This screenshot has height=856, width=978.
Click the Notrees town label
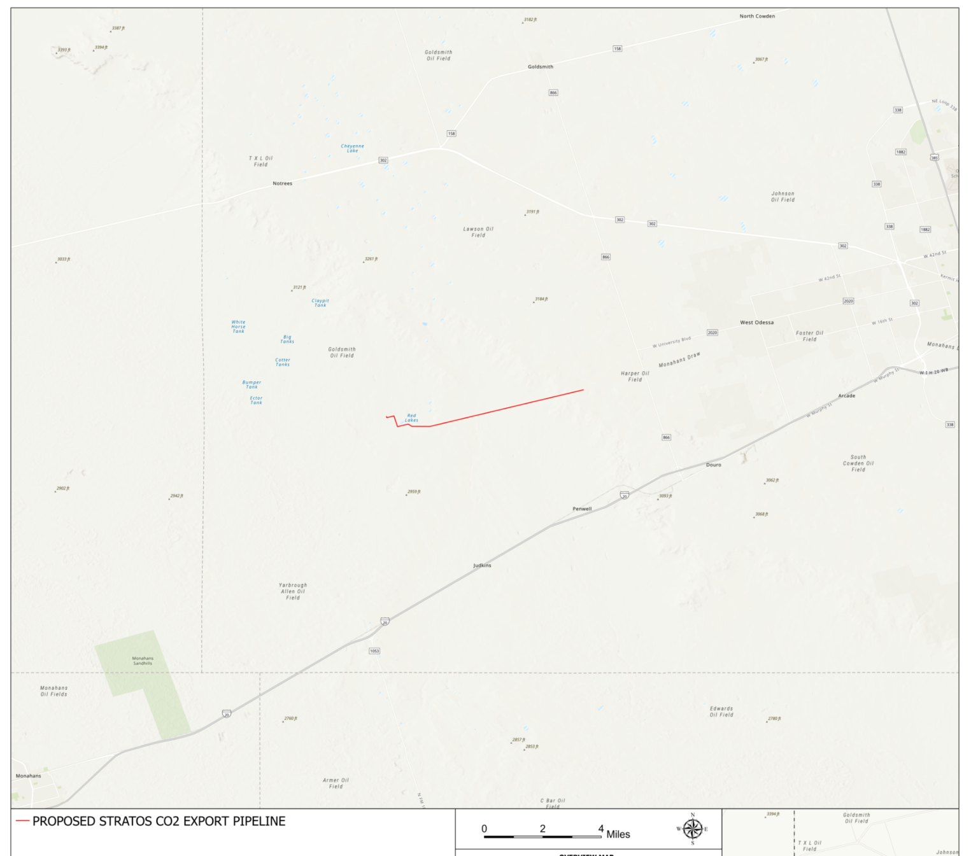tap(282, 183)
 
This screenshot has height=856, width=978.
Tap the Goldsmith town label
tap(541, 67)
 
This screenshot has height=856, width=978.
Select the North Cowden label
tap(757, 16)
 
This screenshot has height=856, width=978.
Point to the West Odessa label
tap(756, 323)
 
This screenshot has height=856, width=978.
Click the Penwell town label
tap(582, 509)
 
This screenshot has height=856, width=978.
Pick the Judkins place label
tap(482, 565)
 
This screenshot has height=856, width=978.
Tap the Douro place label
tap(714, 465)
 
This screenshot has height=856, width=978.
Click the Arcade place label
tap(846, 396)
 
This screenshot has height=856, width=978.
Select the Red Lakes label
tap(411, 417)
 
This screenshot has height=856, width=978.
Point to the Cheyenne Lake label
tap(352, 148)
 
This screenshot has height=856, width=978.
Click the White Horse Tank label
tap(238, 326)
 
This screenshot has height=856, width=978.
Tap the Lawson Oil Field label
tap(478, 232)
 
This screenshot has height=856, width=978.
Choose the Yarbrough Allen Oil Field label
tap(293, 591)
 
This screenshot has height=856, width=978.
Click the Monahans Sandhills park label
tap(143, 661)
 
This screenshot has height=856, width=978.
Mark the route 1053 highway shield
tap(374, 650)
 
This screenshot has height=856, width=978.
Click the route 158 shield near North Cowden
tap(617, 48)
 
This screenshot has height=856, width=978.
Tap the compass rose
tap(693, 829)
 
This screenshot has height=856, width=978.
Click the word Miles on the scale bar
tap(618, 834)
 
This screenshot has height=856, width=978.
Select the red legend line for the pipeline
tap(23, 821)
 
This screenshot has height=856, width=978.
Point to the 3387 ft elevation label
tap(118, 29)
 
